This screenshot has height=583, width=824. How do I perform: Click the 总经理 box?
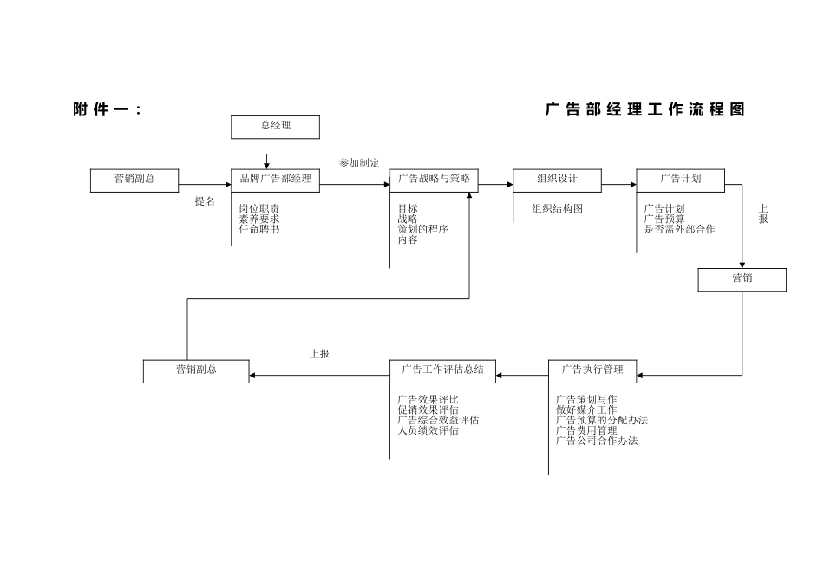point(275,127)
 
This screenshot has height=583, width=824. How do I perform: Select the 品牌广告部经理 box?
point(275,180)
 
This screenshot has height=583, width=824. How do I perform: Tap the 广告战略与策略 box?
point(434,180)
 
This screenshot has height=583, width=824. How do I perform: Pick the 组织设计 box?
point(556,180)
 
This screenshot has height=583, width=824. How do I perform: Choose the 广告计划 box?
point(680,180)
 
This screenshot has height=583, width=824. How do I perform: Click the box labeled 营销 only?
point(742,279)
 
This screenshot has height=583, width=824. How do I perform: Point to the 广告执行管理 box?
point(592,370)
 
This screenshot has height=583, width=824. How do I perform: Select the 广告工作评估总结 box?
point(442,370)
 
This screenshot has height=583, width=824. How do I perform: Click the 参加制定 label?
point(359,163)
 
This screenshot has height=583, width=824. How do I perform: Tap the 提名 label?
point(205,201)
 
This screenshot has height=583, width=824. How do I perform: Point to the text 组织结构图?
point(557,209)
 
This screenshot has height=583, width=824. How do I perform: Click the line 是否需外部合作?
point(679,230)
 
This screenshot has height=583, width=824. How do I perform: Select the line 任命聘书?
point(259,230)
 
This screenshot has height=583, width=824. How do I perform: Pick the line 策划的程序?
point(422,230)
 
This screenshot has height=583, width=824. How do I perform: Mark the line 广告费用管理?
point(586,431)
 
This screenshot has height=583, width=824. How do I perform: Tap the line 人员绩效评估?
point(428,431)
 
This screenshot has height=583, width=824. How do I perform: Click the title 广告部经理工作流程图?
point(644,110)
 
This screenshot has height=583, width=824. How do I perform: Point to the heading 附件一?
point(107,110)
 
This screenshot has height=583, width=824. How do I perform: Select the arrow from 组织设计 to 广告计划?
point(618,184)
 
